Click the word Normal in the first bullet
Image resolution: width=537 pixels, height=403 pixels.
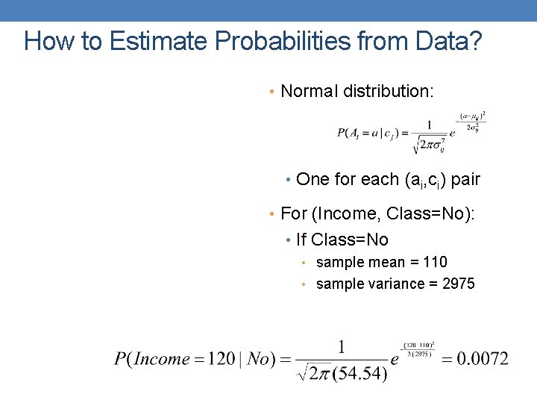tap(310, 92)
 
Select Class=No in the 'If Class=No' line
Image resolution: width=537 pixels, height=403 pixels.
tap(350, 240)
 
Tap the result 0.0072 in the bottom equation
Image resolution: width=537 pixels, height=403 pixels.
tap(483, 359)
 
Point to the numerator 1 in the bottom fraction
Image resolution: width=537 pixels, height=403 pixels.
tap(342, 346)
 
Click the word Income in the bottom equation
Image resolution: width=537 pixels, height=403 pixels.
tap(162, 359)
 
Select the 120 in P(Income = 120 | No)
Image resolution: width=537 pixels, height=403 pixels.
tap(221, 359)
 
